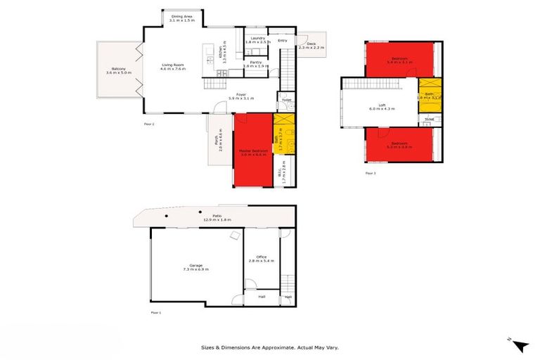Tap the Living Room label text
[172, 67]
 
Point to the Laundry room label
[257, 40]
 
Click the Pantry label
[257, 65]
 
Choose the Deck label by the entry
[311, 46]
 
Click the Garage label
[193, 267]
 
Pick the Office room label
[262, 259]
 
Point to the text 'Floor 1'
[156, 311]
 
